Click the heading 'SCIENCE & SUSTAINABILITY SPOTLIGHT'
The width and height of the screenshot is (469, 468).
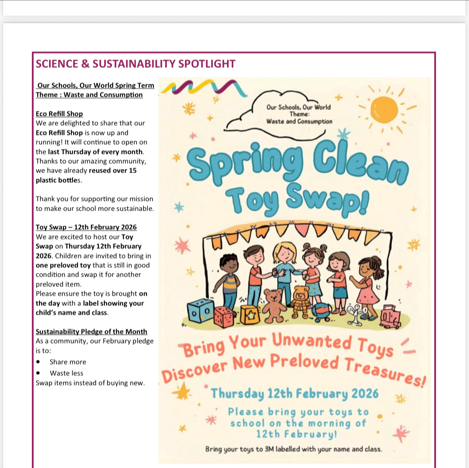[x=135, y=64]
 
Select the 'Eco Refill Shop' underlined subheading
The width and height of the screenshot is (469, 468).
[x=59, y=114]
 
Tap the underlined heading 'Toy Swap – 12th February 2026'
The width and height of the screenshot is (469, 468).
[x=86, y=227]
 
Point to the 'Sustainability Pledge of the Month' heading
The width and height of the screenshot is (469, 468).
[x=91, y=332]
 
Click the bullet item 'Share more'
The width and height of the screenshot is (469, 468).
[x=68, y=362]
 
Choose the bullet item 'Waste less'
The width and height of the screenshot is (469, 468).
[x=66, y=373]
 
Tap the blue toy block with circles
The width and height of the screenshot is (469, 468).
[x=201, y=311]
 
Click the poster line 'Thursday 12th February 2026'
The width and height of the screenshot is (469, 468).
[x=294, y=393]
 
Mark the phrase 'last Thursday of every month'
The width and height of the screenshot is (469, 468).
[x=95, y=152]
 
